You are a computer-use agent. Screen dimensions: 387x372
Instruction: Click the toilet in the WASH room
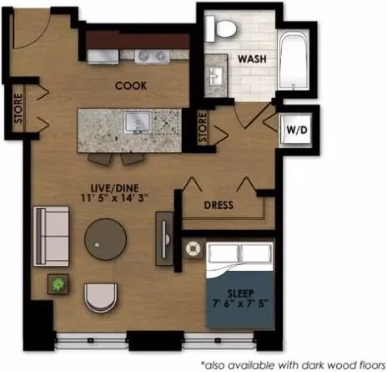[x=221, y=28]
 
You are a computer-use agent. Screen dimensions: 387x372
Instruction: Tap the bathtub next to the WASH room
[x=294, y=60]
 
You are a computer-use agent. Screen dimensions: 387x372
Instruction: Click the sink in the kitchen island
[x=138, y=123]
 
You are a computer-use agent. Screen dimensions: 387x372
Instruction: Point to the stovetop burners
[x=152, y=56]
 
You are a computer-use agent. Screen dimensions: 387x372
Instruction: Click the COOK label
[x=131, y=85]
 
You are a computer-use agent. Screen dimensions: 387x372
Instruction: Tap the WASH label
[x=252, y=59]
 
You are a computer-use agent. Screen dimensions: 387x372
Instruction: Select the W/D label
[x=297, y=130]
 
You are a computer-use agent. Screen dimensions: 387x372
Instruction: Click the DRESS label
[x=219, y=205]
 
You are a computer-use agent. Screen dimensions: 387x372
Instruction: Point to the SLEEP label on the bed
[x=240, y=293]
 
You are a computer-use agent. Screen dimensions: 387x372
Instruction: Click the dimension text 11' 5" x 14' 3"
[x=114, y=197]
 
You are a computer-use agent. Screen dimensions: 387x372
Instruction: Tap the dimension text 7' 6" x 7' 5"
[x=240, y=303]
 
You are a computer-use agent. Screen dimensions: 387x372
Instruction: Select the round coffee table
[x=106, y=239]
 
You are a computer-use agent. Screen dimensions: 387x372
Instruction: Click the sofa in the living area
[x=51, y=236]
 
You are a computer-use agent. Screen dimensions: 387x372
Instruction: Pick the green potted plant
[x=58, y=284]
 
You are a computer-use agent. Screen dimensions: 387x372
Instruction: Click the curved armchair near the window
[x=100, y=298]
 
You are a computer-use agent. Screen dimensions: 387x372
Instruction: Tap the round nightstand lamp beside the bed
[x=193, y=248]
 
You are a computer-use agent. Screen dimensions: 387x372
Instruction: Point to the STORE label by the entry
[x=18, y=108]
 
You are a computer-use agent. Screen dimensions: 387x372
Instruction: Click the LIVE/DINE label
[x=114, y=188]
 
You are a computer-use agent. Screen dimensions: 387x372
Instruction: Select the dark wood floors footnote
[x=294, y=364]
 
